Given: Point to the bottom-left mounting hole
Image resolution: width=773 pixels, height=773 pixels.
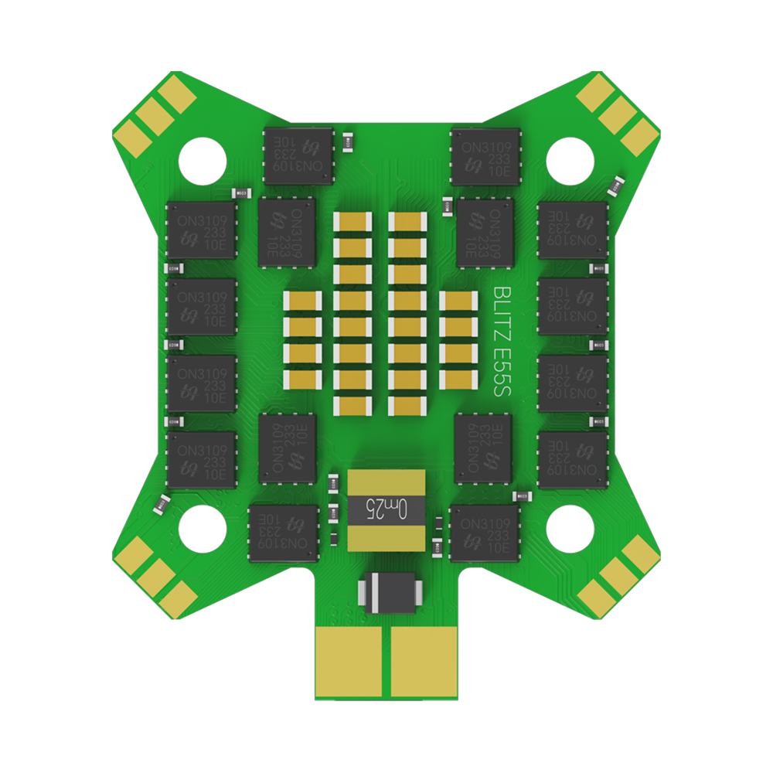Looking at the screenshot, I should (x=203, y=529).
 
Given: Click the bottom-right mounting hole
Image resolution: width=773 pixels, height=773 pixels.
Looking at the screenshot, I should (x=570, y=529).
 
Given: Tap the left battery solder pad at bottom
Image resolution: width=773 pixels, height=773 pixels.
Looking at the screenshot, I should (x=349, y=662).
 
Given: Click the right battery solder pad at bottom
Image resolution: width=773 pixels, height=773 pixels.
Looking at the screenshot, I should (x=425, y=662).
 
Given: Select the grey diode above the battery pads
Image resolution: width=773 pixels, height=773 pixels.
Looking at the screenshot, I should (x=390, y=593).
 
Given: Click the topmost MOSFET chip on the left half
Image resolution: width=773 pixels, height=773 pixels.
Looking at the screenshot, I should (x=298, y=156).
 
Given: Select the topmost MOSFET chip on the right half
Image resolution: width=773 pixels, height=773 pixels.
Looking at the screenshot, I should (x=484, y=156).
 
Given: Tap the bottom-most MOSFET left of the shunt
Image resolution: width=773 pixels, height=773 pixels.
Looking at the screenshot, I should (x=284, y=533).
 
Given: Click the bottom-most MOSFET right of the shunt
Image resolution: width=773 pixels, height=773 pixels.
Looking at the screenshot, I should (x=485, y=533).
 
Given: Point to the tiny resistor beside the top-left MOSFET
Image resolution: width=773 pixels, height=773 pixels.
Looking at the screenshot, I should (x=349, y=142).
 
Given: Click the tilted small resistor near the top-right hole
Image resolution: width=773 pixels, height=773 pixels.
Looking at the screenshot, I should (x=618, y=186).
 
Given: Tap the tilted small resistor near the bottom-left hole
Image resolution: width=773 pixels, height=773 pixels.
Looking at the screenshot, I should (x=161, y=503).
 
